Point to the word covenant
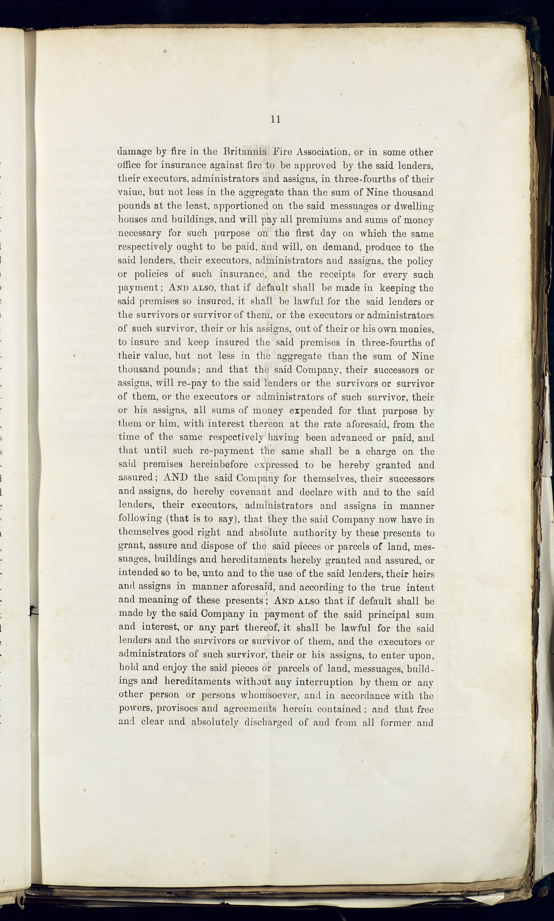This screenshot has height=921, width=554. (250, 492)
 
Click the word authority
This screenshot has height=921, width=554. (315, 533)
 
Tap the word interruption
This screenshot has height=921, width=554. (324, 682)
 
